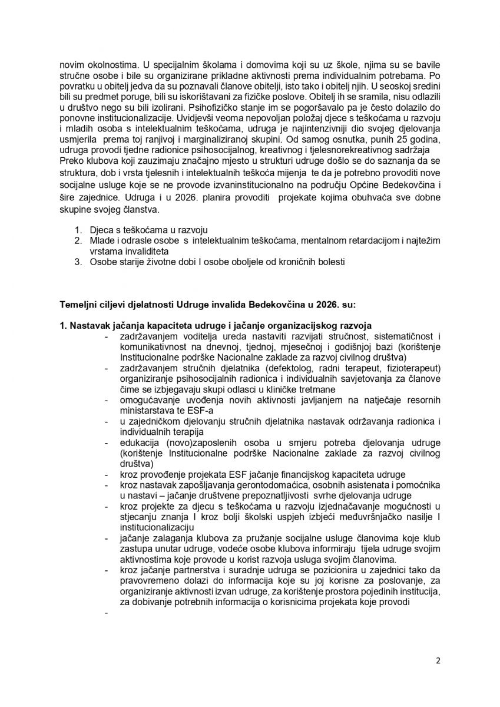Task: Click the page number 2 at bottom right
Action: coord(438,660)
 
